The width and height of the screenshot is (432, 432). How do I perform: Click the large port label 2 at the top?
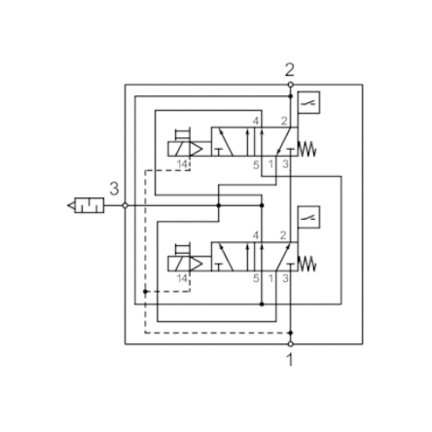pyautogui.click(x=290, y=70)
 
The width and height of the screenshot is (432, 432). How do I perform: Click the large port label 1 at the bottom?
pyautogui.click(x=290, y=360)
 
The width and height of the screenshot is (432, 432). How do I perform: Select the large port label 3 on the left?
pyautogui.click(x=114, y=189)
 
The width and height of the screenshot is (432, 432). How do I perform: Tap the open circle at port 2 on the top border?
pyautogui.click(x=291, y=85)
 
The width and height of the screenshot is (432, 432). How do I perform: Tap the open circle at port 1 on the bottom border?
pyautogui.click(x=291, y=343)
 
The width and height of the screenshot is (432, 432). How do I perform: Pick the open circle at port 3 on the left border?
pyautogui.click(x=126, y=205)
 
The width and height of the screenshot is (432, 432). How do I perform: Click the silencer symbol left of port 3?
pyautogui.click(x=86, y=205)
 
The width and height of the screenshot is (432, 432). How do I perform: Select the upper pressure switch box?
pyautogui.click(x=308, y=102)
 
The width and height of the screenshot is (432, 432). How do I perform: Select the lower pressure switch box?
pyautogui.click(x=308, y=217)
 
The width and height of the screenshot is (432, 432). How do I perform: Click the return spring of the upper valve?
pyautogui.click(x=306, y=149)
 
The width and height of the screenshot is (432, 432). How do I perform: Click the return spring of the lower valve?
pyautogui.click(x=306, y=264)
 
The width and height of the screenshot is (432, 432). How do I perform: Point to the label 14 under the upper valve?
pyautogui.click(x=182, y=164)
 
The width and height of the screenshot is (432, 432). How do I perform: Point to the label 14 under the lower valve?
pyautogui.click(x=182, y=278)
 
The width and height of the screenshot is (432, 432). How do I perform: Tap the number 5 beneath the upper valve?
pyautogui.click(x=256, y=165)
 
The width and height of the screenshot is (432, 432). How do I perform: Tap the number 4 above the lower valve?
pyautogui.click(x=256, y=235)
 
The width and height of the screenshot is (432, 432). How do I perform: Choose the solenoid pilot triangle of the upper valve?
pyautogui.click(x=196, y=149)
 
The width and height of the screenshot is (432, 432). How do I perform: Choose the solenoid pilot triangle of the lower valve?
pyautogui.click(x=196, y=264)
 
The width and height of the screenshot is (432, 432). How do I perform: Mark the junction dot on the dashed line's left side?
pyautogui.click(x=145, y=292)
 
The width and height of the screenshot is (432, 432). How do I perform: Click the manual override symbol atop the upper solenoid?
pyautogui.click(x=183, y=134)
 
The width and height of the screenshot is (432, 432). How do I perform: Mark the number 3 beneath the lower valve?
pyautogui.click(x=285, y=278)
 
